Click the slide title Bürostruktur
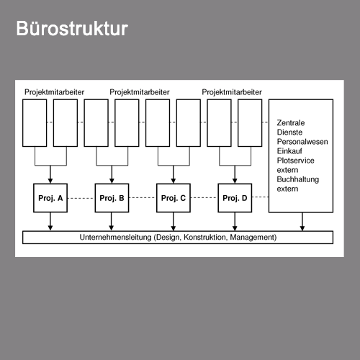[72, 28]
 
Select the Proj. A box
[50, 198]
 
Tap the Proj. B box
[112, 198]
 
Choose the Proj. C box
[174, 198]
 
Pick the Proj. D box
[235, 198]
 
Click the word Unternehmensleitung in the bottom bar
[115, 238]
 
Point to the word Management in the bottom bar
[252, 238]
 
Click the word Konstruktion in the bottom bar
[205, 238]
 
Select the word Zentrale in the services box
[291, 123]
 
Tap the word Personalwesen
[302, 142]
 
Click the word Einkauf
[289, 151]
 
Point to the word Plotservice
[295, 161]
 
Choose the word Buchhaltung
[298, 179]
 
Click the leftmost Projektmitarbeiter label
[54, 92]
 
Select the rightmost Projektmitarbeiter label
[232, 92]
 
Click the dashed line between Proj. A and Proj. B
[81, 198]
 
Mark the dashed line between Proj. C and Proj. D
[204, 198]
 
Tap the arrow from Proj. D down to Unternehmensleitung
[235, 222]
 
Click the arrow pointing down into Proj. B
[112, 174]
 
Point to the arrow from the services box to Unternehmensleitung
[302, 222]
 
